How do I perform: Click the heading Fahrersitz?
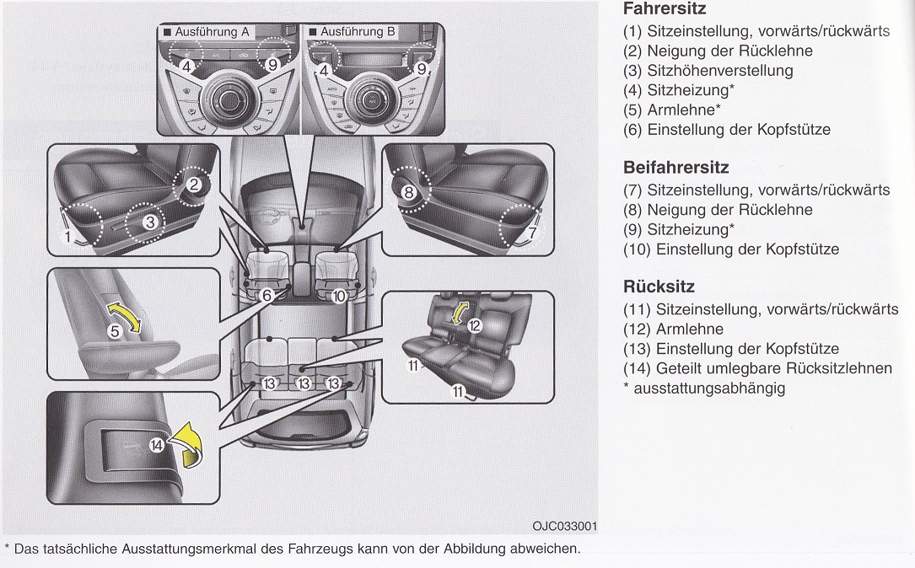point(664,10)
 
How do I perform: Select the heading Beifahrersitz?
point(675,168)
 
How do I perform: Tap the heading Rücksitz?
point(659,287)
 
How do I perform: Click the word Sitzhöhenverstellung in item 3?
point(719,71)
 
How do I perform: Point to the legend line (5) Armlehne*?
point(673,110)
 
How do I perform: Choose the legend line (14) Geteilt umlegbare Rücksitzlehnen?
point(757,368)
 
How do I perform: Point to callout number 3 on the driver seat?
point(148,222)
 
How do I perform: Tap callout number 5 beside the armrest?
point(116,331)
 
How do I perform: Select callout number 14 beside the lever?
point(157,447)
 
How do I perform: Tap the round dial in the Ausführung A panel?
point(226,99)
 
